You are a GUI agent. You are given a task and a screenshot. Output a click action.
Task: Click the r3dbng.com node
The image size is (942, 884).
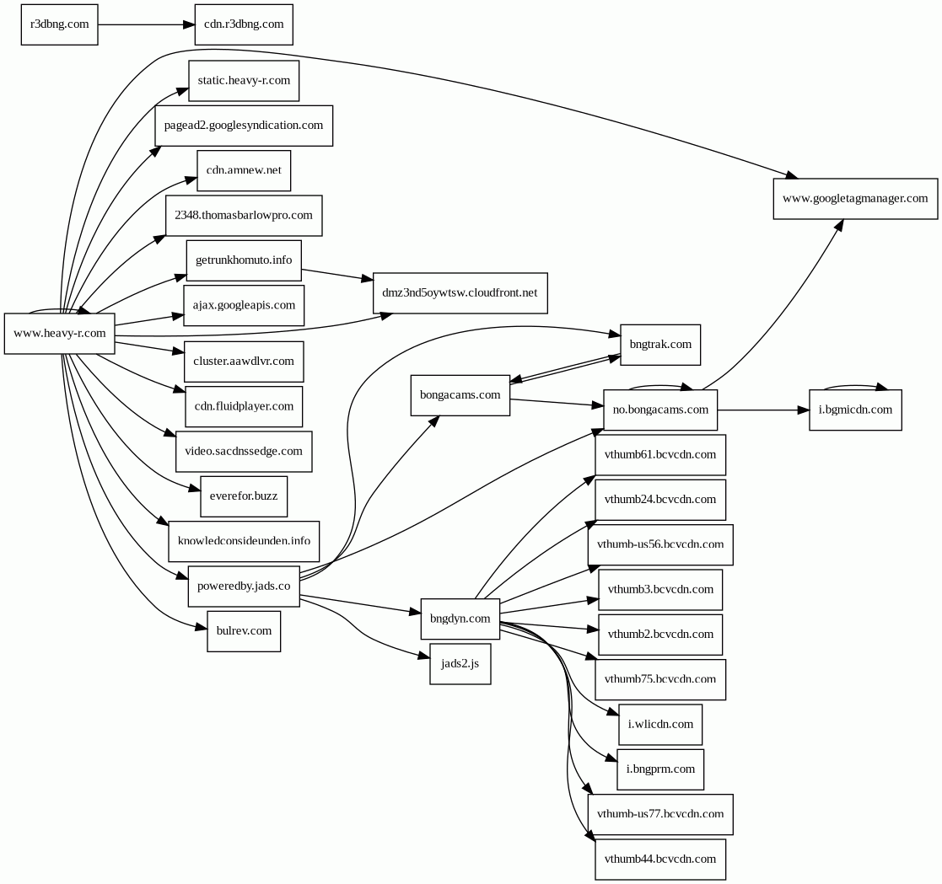coord(59,24)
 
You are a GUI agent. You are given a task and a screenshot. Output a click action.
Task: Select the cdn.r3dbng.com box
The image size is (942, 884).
coord(244,24)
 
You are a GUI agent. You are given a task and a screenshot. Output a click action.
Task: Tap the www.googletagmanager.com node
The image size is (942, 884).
coord(855,199)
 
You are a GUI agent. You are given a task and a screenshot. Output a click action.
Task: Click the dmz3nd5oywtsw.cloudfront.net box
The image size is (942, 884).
coord(460,293)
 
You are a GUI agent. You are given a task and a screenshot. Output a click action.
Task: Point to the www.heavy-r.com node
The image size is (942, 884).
coord(60,334)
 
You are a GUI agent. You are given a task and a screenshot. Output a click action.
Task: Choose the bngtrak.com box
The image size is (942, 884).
coord(660,345)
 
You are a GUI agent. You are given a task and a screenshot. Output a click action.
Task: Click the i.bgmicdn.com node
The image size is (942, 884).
coord(855,410)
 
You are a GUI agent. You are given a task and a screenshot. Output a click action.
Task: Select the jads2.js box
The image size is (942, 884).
coord(460,664)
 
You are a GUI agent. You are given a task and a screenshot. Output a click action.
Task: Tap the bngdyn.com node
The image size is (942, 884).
coord(460,619)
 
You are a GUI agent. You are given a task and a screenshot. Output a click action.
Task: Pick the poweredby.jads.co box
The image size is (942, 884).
coord(244,587)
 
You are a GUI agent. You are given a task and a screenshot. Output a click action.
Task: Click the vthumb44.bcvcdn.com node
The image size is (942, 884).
coord(660,860)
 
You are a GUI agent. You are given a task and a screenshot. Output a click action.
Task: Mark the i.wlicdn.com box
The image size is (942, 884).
coord(660,725)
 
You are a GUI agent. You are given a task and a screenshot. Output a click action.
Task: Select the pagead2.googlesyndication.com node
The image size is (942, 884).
coord(244,126)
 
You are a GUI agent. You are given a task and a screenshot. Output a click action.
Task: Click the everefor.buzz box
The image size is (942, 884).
coord(244,496)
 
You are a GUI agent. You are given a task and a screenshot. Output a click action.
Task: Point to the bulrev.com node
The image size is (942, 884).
coord(244,631)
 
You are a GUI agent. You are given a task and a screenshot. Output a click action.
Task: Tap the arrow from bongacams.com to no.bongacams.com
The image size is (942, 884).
coord(557,402)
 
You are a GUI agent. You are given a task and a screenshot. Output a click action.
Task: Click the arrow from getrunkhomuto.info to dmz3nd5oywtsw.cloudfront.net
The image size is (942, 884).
coord(337,275)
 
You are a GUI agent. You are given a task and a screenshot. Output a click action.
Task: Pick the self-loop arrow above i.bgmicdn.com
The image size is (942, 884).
coord(855,387)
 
